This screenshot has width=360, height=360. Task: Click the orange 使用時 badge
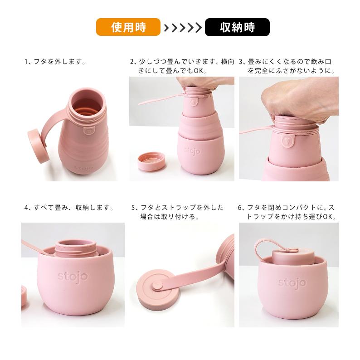pos(128,27)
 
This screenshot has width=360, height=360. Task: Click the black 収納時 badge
pos(237,27)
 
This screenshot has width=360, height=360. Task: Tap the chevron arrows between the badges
pos(182,28)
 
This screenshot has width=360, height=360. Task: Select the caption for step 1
pos(55,62)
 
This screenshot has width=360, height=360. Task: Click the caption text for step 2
pos(181,66)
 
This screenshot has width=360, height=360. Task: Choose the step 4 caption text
pos(68,208)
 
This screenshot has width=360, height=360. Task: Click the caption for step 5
pos(178,212)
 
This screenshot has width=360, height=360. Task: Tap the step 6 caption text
pos(287,212)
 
